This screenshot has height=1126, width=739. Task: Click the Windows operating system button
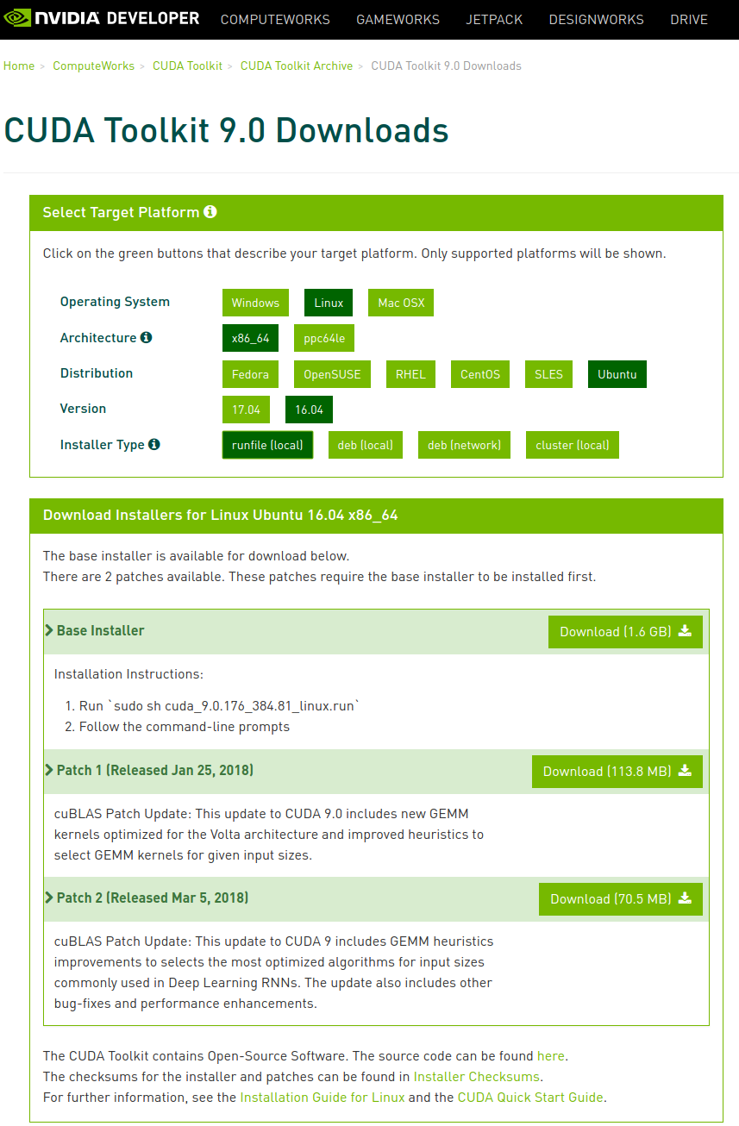255,303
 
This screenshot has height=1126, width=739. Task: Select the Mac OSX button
401,303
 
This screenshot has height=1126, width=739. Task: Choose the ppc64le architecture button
324,338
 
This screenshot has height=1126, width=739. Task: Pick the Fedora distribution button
250,374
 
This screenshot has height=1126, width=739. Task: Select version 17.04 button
246,410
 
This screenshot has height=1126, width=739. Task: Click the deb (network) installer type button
464,445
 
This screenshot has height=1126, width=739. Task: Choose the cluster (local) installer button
573,445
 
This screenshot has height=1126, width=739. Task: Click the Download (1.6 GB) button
625,632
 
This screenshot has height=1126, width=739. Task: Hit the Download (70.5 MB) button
621,899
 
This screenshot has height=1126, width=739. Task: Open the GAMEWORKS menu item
398,19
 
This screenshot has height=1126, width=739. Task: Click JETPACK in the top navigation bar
494,19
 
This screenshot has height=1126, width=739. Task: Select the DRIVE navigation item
689,19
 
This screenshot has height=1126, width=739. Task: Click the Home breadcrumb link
19,66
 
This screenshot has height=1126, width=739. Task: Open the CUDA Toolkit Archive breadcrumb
297,66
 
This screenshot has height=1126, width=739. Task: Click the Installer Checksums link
476,1077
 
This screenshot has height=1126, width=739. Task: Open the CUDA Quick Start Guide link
530,1098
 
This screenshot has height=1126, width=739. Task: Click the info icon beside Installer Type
153,444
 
